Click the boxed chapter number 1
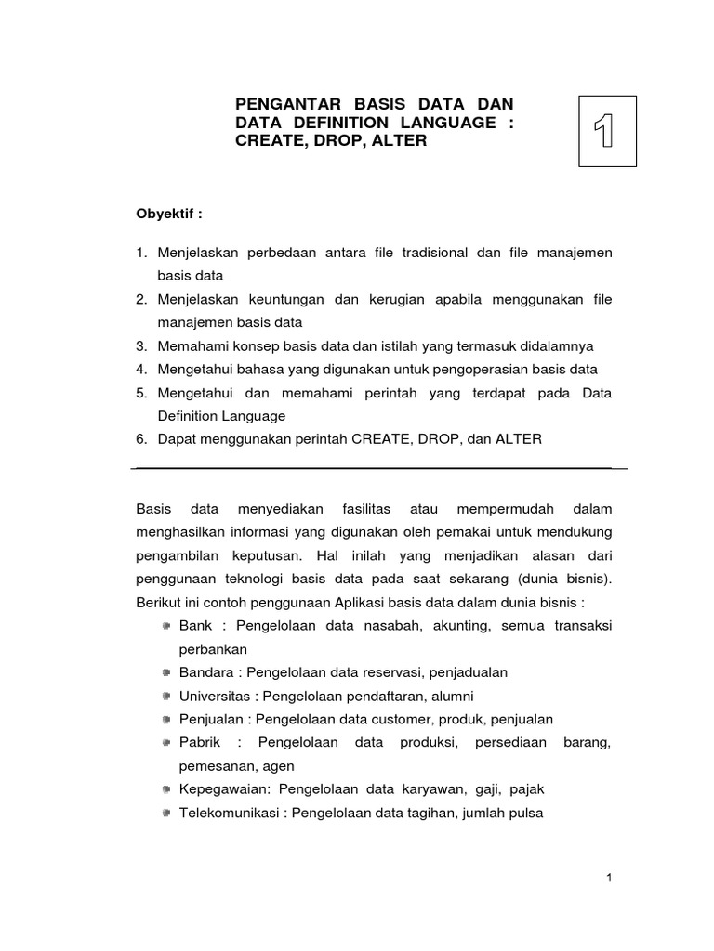pyautogui.click(x=607, y=131)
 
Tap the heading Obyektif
pyautogui.click(x=168, y=213)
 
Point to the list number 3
pyautogui.click(x=141, y=346)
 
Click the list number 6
pyautogui.click(x=141, y=438)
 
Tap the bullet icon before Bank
pyautogui.click(x=165, y=626)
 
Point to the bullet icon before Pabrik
pyautogui.click(x=165, y=742)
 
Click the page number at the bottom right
pyautogui.click(x=608, y=879)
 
